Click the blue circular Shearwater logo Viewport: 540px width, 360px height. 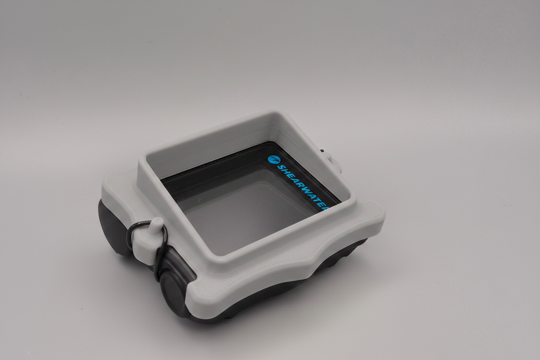[273, 159]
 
